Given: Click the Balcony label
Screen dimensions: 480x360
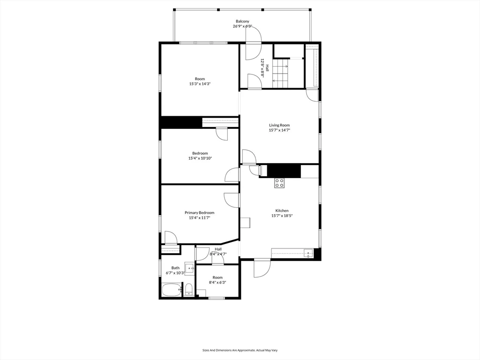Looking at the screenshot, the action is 242,21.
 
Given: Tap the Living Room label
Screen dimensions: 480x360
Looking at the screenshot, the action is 279,125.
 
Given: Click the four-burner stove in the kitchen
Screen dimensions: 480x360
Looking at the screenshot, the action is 279,183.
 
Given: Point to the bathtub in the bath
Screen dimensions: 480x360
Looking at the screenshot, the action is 172,290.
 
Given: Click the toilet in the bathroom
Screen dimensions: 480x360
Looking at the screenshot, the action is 188,289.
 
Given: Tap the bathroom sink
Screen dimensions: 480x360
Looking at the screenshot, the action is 189,268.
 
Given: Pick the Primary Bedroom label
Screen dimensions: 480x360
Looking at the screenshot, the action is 199,212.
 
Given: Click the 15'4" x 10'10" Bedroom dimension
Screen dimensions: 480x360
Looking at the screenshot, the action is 200,158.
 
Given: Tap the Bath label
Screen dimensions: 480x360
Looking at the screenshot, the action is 175,268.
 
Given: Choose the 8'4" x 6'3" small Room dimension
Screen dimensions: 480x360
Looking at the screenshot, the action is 217,283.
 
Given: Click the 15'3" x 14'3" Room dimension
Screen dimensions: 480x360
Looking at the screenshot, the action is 200,83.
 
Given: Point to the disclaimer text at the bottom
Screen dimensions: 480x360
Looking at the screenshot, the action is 240,350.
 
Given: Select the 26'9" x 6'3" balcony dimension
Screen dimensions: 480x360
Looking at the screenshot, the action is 242,26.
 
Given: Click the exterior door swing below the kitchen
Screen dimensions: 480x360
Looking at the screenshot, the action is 262,268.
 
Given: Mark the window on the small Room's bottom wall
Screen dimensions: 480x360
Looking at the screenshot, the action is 217,298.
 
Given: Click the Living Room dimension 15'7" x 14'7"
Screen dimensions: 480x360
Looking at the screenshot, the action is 279,130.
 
